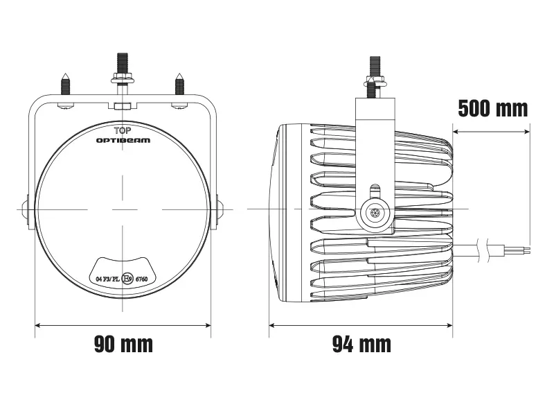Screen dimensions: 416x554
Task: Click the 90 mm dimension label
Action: [123, 343]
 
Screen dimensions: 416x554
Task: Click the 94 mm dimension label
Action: [361, 343]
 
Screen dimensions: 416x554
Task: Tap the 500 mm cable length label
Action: [492, 108]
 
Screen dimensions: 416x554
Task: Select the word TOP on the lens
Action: [123, 130]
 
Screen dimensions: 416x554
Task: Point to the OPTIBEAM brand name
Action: [123, 140]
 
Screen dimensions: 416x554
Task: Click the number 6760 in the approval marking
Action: [142, 279]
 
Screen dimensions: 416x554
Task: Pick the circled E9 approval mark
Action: [127, 279]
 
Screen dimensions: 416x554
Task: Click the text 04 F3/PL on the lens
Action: [107, 279]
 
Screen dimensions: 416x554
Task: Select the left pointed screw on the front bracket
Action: [64, 85]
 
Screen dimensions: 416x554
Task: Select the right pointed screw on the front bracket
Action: [179, 85]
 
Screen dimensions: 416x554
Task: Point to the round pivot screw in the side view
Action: [375, 214]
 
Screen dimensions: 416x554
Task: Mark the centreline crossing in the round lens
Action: [123, 209]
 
